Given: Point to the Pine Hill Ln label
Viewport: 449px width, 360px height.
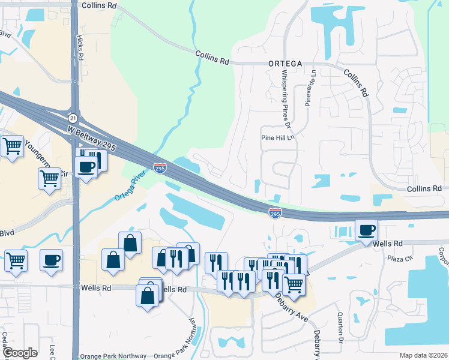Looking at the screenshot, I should pyautogui.click(x=278, y=137).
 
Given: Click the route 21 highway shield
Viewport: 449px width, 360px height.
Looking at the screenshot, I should pyautogui.click(x=73, y=118).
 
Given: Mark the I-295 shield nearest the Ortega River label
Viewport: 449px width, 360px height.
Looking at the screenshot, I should pyautogui.click(x=160, y=168).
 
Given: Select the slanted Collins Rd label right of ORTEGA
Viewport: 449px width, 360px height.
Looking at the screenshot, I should pyautogui.click(x=355, y=82).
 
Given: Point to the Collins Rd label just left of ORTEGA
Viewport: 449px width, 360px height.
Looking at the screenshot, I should pyautogui.click(x=212, y=57).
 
